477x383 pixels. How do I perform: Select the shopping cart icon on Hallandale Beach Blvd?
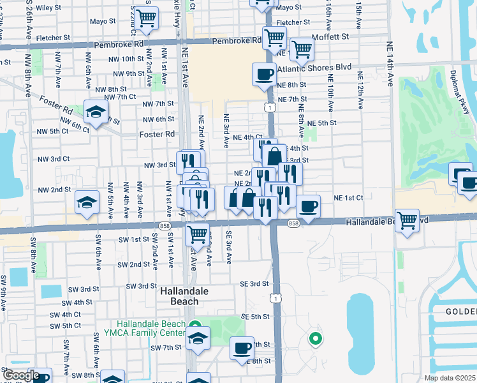[407, 221]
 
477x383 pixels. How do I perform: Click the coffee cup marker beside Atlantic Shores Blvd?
[264, 75]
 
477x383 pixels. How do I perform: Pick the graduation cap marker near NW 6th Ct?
[96, 112]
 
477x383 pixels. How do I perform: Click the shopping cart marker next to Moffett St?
[301, 49]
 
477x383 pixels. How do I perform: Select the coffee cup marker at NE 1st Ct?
[308, 206]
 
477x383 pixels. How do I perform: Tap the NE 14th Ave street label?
[389, 63]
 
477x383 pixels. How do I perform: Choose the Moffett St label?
[330, 37]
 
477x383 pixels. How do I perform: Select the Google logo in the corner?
[22, 375]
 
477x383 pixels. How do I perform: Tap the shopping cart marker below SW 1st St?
[198, 234]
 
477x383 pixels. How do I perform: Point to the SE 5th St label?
[255, 317]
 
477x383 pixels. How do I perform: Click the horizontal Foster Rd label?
[157, 135]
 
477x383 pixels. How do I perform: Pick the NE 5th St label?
[321, 123]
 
